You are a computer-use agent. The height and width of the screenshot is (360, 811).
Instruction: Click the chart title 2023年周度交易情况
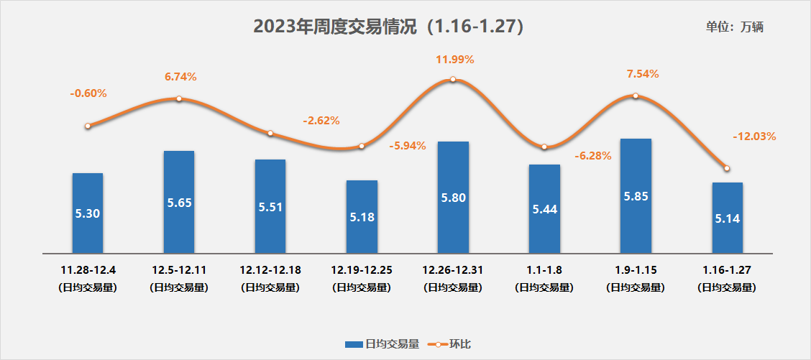388,27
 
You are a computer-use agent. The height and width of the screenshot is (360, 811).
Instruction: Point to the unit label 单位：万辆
734,27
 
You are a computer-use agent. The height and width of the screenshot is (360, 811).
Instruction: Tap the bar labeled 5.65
179,202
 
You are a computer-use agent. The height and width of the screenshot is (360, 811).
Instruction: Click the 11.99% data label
454,60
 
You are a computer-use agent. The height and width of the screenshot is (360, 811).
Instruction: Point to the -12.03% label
754,136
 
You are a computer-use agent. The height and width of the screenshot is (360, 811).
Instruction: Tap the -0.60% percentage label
88,93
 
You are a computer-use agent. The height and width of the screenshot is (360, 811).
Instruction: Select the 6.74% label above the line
180,77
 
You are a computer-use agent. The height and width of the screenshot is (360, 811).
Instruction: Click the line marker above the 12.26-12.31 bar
453,79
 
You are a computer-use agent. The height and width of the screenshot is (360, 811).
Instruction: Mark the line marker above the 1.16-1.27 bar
727,168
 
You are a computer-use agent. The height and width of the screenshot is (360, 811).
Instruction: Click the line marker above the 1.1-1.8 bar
544,147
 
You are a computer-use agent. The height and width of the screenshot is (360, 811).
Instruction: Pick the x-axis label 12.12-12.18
270,271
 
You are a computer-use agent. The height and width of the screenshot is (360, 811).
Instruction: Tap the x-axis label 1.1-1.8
544,271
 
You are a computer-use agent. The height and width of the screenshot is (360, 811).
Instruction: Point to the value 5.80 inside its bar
453,195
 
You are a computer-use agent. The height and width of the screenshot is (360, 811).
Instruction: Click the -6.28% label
593,156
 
